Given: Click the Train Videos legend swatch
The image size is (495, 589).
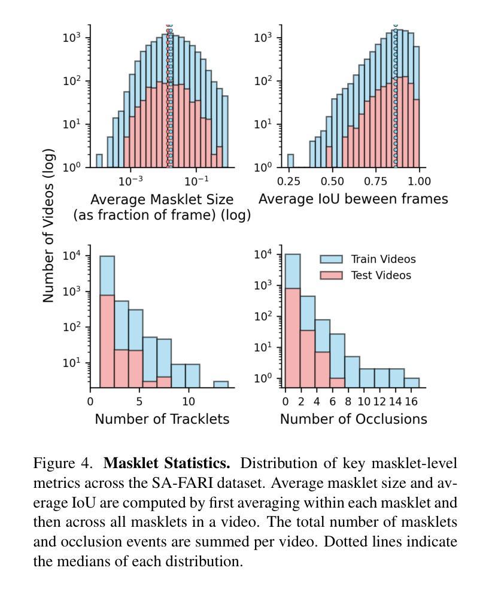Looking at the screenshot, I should (x=331, y=259).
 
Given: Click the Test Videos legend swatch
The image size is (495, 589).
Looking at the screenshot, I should (x=331, y=275).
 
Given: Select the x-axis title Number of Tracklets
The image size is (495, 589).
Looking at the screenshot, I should (x=162, y=419).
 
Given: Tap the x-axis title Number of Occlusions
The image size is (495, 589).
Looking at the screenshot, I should (x=353, y=419).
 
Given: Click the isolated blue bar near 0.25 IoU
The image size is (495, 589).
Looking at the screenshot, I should (x=290, y=161).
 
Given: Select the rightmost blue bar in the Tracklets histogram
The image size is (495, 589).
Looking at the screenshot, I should (x=221, y=384).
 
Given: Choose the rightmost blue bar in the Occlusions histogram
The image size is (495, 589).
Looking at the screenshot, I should (x=411, y=382).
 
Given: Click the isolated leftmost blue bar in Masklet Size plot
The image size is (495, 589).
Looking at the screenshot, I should (x=99, y=161).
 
